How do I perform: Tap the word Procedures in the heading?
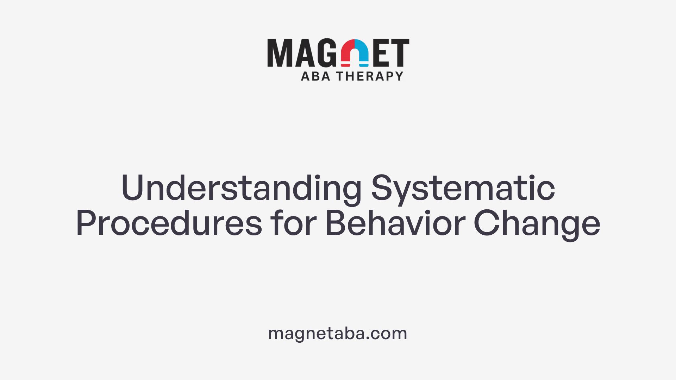click(169, 223)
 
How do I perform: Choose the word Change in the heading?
click(537, 223)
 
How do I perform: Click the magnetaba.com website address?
click(338, 333)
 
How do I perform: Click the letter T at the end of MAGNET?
click(400, 53)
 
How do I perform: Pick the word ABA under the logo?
click(315, 76)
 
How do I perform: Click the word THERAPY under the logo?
click(370, 76)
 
